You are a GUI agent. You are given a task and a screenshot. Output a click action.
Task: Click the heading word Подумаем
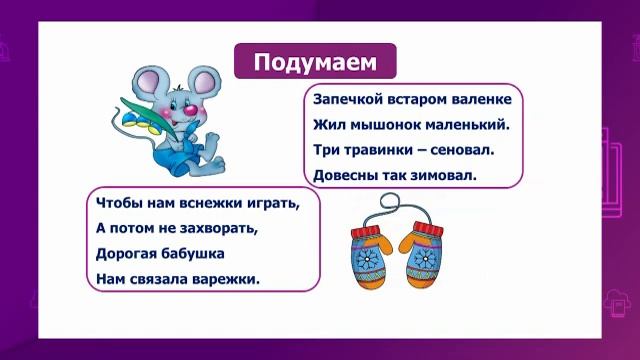(x=315, y=63)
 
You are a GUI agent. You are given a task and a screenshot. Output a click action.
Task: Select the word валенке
(x=479, y=100)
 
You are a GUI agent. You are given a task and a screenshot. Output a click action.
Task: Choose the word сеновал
(x=469, y=150)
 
